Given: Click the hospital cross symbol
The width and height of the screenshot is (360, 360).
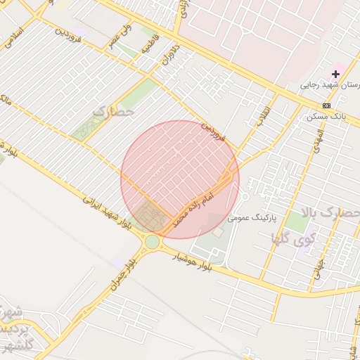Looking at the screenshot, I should (x=336, y=74).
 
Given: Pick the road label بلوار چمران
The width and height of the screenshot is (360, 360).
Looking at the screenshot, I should (x=121, y=275).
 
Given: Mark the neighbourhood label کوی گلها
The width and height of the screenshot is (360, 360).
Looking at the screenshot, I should (x=294, y=239).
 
